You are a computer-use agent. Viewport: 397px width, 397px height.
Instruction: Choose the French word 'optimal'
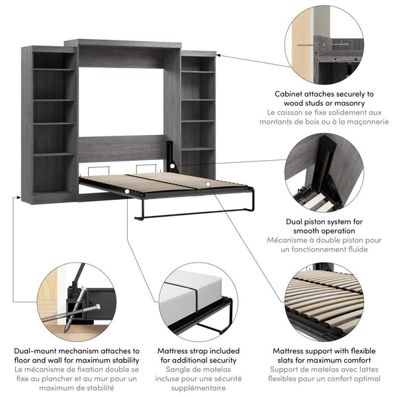(x=365, y=379)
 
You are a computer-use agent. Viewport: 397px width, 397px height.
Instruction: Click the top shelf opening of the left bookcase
(x=53, y=60)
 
